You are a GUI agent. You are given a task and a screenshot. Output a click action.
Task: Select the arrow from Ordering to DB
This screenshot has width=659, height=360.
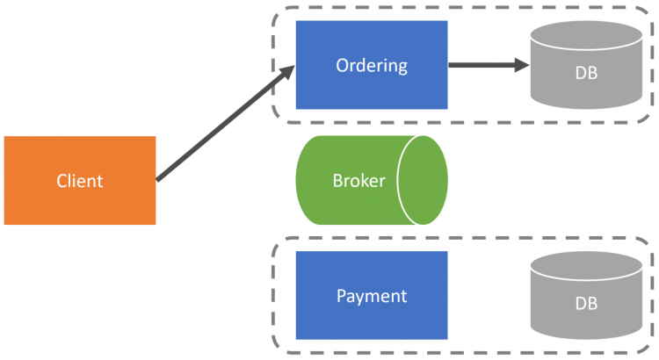click(483, 65)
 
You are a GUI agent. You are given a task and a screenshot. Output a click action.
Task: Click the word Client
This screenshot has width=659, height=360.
click(80, 182)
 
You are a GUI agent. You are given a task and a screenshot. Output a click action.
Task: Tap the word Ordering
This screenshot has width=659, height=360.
click(372, 66)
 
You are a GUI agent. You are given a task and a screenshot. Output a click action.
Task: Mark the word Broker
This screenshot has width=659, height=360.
click(358, 182)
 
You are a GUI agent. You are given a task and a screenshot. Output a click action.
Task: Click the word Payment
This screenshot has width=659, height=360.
click(372, 296)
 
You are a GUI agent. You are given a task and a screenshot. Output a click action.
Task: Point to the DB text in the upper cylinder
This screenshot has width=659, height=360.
click(586, 74)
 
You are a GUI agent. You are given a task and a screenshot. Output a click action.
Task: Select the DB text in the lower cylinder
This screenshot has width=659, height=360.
click(586, 305)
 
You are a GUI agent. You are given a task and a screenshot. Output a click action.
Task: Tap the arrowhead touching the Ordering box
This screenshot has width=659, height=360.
click(286, 72)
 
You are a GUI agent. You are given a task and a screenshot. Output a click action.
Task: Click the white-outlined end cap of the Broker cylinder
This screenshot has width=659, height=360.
click(424, 180)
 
